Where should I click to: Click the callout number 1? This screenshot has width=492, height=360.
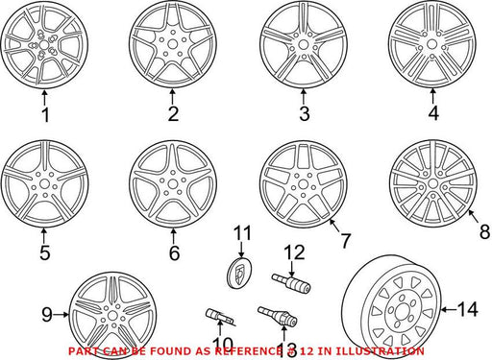(x=45, y=115)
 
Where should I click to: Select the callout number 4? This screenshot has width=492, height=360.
(x=433, y=113)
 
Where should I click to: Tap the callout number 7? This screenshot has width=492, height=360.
(x=345, y=241)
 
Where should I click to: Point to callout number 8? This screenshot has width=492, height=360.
(x=485, y=231)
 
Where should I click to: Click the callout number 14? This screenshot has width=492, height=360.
(x=467, y=309)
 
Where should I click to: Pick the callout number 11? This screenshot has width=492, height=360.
(x=242, y=233)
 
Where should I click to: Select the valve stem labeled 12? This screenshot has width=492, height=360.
(x=291, y=282)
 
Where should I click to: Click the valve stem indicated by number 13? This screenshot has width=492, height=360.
(x=278, y=315)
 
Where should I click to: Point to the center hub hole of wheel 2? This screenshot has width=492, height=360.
(x=173, y=44)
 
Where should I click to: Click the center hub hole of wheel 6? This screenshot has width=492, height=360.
(x=173, y=184)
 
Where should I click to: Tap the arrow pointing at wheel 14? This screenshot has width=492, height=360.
(x=449, y=309)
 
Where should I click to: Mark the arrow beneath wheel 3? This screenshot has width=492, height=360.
(x=304, y=97)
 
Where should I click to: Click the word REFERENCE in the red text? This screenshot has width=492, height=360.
(x=246, y=351)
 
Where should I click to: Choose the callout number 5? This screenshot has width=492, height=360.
(x=45, y=252)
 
